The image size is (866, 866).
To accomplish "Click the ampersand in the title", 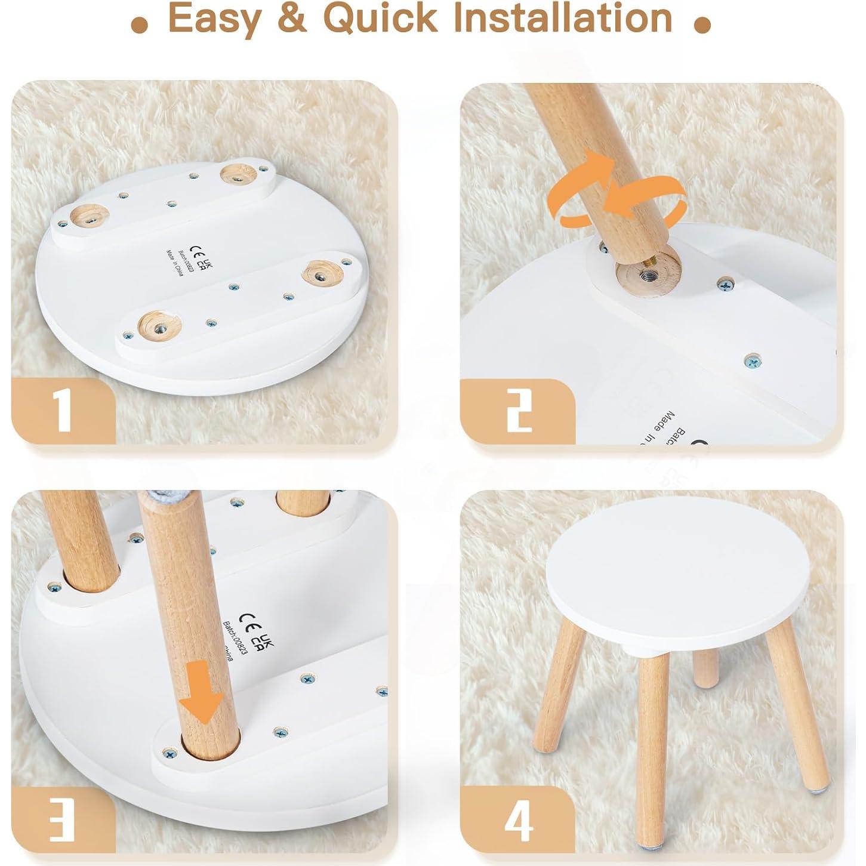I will pos(292,19).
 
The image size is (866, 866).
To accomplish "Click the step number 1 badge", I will pos(63,411).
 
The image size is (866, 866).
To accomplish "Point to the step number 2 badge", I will pos(518,411).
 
